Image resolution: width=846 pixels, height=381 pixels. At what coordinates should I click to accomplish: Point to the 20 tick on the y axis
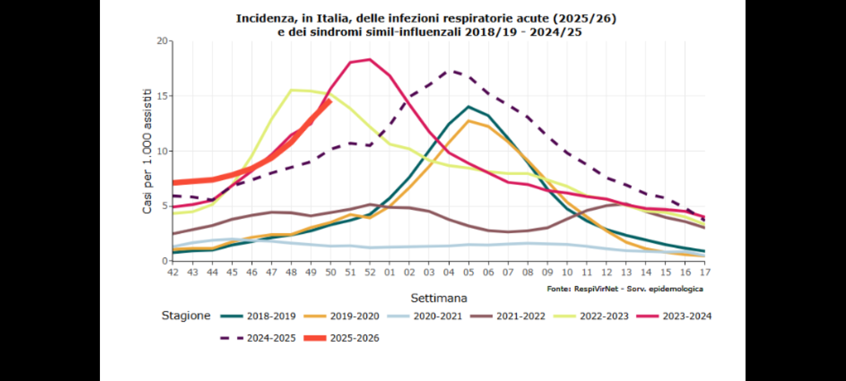click(x=162, y=41)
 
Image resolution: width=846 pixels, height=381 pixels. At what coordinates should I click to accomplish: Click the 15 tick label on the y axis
click(x=162, y=96)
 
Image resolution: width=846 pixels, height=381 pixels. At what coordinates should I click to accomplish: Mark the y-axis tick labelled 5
click(x=164, y=206)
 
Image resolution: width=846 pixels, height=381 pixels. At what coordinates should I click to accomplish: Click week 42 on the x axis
click(x=173, y=272)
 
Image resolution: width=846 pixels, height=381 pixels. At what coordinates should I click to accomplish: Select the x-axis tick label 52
click(x=370, y=272)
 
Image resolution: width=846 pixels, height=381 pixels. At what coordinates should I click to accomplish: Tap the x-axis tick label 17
click(x=705, y=272)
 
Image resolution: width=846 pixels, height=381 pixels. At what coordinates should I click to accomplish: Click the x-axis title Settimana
click(x=439, y=298)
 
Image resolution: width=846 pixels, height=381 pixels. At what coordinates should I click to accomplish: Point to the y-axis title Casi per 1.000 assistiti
click(x=147, y=151)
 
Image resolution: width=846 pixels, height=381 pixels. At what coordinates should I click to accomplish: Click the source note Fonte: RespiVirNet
click(x=625, y=289)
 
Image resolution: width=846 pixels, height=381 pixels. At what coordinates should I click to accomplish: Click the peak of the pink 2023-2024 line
click(x=370, y=59)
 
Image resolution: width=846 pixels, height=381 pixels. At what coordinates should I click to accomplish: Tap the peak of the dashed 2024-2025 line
click(x=449, y=70)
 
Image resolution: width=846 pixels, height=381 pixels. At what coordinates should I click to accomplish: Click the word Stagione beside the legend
click(x=186, y=316)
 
